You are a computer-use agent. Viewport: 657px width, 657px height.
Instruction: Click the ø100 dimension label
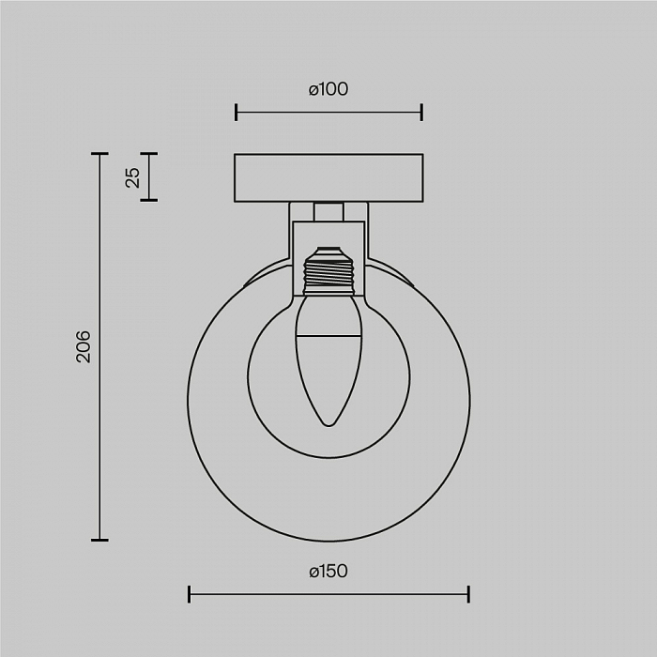[x=328, y=89]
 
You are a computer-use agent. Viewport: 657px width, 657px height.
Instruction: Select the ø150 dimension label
[x=328, y=572]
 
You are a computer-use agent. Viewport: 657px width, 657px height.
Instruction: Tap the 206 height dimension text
[x=84, y=346]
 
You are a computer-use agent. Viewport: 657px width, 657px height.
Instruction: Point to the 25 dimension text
[x=133, y=177]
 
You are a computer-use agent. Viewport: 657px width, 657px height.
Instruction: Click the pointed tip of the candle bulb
[x=328, y=426]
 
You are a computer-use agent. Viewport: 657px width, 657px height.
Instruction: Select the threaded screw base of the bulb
[x=328, y=276]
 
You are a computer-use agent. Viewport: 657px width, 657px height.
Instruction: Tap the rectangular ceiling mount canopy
[x=328, y=178]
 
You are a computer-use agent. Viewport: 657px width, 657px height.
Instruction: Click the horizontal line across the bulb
[x=328, y=336]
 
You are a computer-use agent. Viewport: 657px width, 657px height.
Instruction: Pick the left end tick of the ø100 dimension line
[x=236, y=113]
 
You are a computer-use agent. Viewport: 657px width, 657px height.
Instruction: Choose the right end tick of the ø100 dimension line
[x=422, y=113]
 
